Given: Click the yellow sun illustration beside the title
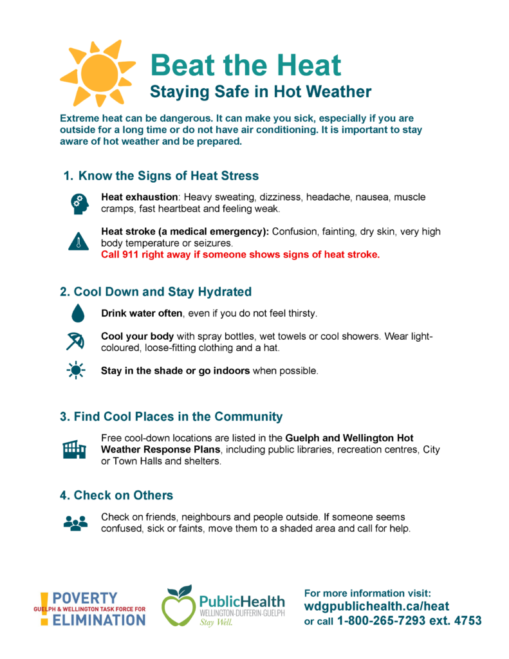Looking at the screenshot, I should (97, 72).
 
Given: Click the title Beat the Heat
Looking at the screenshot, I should (245, 65).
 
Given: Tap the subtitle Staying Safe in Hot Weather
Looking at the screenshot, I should (261, 92).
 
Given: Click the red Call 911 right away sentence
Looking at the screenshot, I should (241, 255).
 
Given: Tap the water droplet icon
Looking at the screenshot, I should (78, 313).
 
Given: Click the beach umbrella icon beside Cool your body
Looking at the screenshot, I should (76, 341).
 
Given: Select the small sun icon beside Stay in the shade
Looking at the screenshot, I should (76, 371).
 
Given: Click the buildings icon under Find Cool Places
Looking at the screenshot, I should (74, 450).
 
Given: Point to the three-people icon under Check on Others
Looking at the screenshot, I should (75, 523).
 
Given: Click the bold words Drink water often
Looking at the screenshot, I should (142, 314).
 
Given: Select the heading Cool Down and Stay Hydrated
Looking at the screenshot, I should (156, 292).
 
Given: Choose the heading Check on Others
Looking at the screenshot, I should (116, 495).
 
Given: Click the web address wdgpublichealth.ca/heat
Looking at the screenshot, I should (376, 606).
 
